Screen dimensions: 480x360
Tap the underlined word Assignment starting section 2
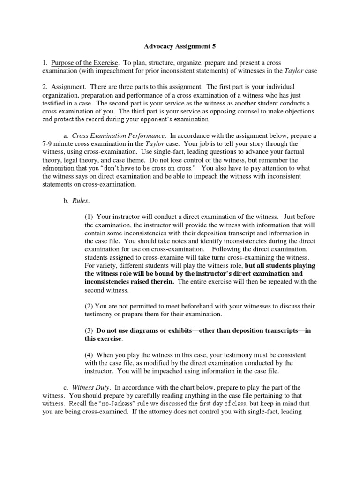[x=67, y=87]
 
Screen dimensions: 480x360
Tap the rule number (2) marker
[x=89, y=306]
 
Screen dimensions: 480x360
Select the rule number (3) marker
[x=89, y=330]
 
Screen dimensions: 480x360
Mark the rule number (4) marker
[x=89, y=355]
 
